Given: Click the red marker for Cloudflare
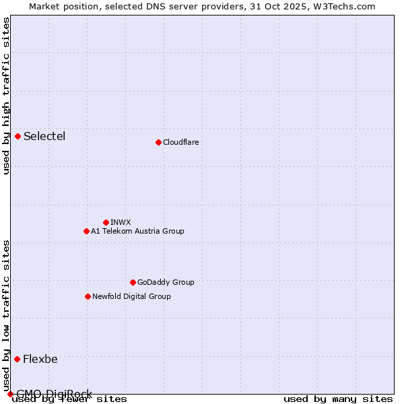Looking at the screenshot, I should (158, 142).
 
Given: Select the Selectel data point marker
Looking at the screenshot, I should (18, 136).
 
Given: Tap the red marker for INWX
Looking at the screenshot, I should (106, 222).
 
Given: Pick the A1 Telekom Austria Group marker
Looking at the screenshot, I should (86, 231).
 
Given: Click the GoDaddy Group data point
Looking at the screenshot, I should (133, 282).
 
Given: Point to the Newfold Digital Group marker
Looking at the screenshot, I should (88, 296).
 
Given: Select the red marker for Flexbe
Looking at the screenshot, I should (17, 359).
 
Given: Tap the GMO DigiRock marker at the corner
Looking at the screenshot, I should (10, 394).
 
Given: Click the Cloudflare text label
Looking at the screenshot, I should (180, 142).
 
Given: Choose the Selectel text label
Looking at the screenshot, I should (44, 137).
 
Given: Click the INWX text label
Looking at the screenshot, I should (121, 222).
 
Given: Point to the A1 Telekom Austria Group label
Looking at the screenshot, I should (137, 231).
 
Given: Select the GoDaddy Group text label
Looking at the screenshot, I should (166, 282).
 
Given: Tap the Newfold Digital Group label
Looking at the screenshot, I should (131, 296).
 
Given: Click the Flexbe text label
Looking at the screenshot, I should (40, 359).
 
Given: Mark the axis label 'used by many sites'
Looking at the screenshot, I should (338, 399).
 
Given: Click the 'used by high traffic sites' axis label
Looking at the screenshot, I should (6, 96).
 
